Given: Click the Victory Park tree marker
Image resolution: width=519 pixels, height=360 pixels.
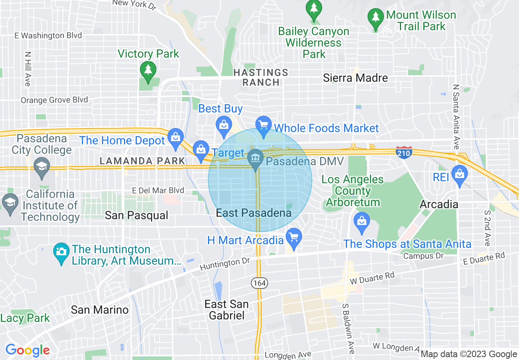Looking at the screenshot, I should (x=148, y=70).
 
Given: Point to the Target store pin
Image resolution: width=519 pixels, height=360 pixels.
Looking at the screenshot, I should (x=201, y=150).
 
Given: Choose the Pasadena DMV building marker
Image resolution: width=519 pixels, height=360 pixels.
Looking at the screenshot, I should (x=256, y=157).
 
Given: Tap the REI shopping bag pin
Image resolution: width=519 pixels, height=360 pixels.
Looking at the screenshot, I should (x=460, y=174).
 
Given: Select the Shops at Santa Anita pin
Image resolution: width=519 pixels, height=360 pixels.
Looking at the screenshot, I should (x=362, y=221).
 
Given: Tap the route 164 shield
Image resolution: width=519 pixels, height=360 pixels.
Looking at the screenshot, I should (x=259, y=283).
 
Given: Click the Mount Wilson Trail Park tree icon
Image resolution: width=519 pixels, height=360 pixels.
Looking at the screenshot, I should (x=375, y=17).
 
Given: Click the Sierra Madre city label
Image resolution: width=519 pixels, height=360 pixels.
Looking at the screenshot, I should (x=355, y=78).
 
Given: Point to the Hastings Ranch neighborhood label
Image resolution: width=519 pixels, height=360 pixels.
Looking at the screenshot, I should (x=261, y=77).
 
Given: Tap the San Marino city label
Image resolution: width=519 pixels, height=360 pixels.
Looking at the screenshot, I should (x=99, y=310).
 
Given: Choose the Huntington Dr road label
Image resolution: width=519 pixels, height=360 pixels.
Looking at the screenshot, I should (x=225, y=265).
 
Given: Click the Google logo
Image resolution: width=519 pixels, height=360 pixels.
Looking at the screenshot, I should (x=27, y=350).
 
